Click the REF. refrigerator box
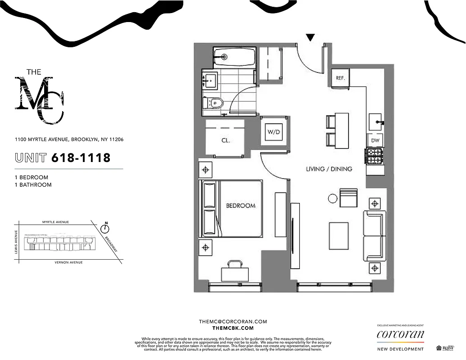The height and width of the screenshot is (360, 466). pyautogui.click(x=340, y=77)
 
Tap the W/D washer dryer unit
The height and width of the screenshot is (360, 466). pyautogui.click(x=273, y=132)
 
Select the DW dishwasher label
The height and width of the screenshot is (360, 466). pyautogui.click(x=375, y=140)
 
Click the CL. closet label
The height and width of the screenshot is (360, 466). pyautogui.click(x=226, y=140)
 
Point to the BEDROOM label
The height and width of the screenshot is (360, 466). pyautogui.click(x=240, y=206)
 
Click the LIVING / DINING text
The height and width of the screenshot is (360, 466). pyautogui.click(x=329, y=169)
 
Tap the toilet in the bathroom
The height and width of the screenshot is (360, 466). pyautogui.click(x=215, y=103)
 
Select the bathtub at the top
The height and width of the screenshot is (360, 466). pyautogui.click(x=234, y=57)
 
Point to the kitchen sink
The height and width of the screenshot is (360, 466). pyautogui.click(x=376, y=121)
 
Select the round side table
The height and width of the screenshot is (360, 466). pyautogui.click(x=332, y=198)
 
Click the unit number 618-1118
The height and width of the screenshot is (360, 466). pyautogui.click(x=81, y=157)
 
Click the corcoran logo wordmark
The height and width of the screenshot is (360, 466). pyautogui.click(x=400, y=334)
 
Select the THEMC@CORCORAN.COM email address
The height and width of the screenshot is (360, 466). pyautogui.click(x=233, y=321)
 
